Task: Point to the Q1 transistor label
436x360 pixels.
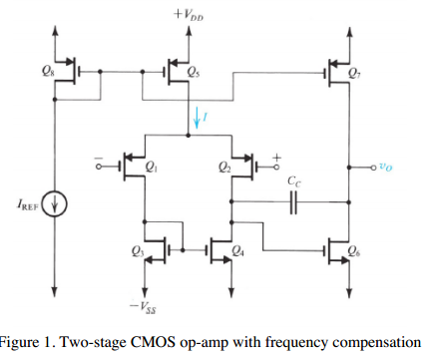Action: [151, 168]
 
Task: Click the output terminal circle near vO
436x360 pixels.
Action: [351, 167]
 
